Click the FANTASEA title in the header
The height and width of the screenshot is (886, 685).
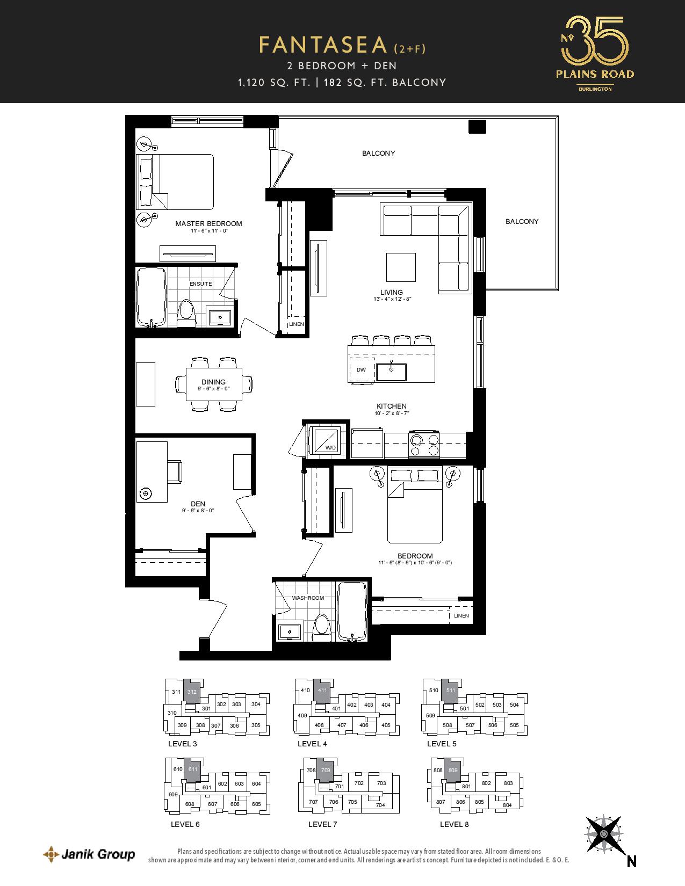323,45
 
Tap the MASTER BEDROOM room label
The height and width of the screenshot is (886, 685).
208,223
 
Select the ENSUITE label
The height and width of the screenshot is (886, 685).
201,284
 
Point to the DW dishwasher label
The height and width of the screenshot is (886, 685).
361,370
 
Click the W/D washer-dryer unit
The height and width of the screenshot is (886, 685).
325,440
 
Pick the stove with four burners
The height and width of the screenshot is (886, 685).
425,445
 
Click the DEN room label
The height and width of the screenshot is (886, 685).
198,504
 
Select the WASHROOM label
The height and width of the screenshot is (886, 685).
308,598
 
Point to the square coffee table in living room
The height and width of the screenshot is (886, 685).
401,267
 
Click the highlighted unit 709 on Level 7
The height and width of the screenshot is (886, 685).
325,771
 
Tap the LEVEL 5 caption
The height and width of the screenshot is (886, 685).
442,744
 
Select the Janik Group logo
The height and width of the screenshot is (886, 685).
89,855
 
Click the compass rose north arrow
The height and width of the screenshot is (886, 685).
604,834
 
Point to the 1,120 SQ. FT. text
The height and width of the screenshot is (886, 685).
274,83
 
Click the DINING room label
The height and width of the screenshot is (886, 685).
213,382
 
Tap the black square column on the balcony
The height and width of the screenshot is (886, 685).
477,126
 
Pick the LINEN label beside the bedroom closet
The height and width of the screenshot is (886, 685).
462,616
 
